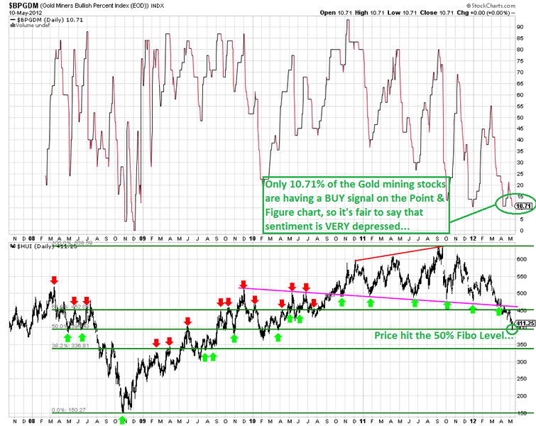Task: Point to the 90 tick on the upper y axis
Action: pos(520,27)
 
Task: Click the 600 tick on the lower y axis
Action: pos(523,279)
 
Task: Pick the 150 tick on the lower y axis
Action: pos(523,413)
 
